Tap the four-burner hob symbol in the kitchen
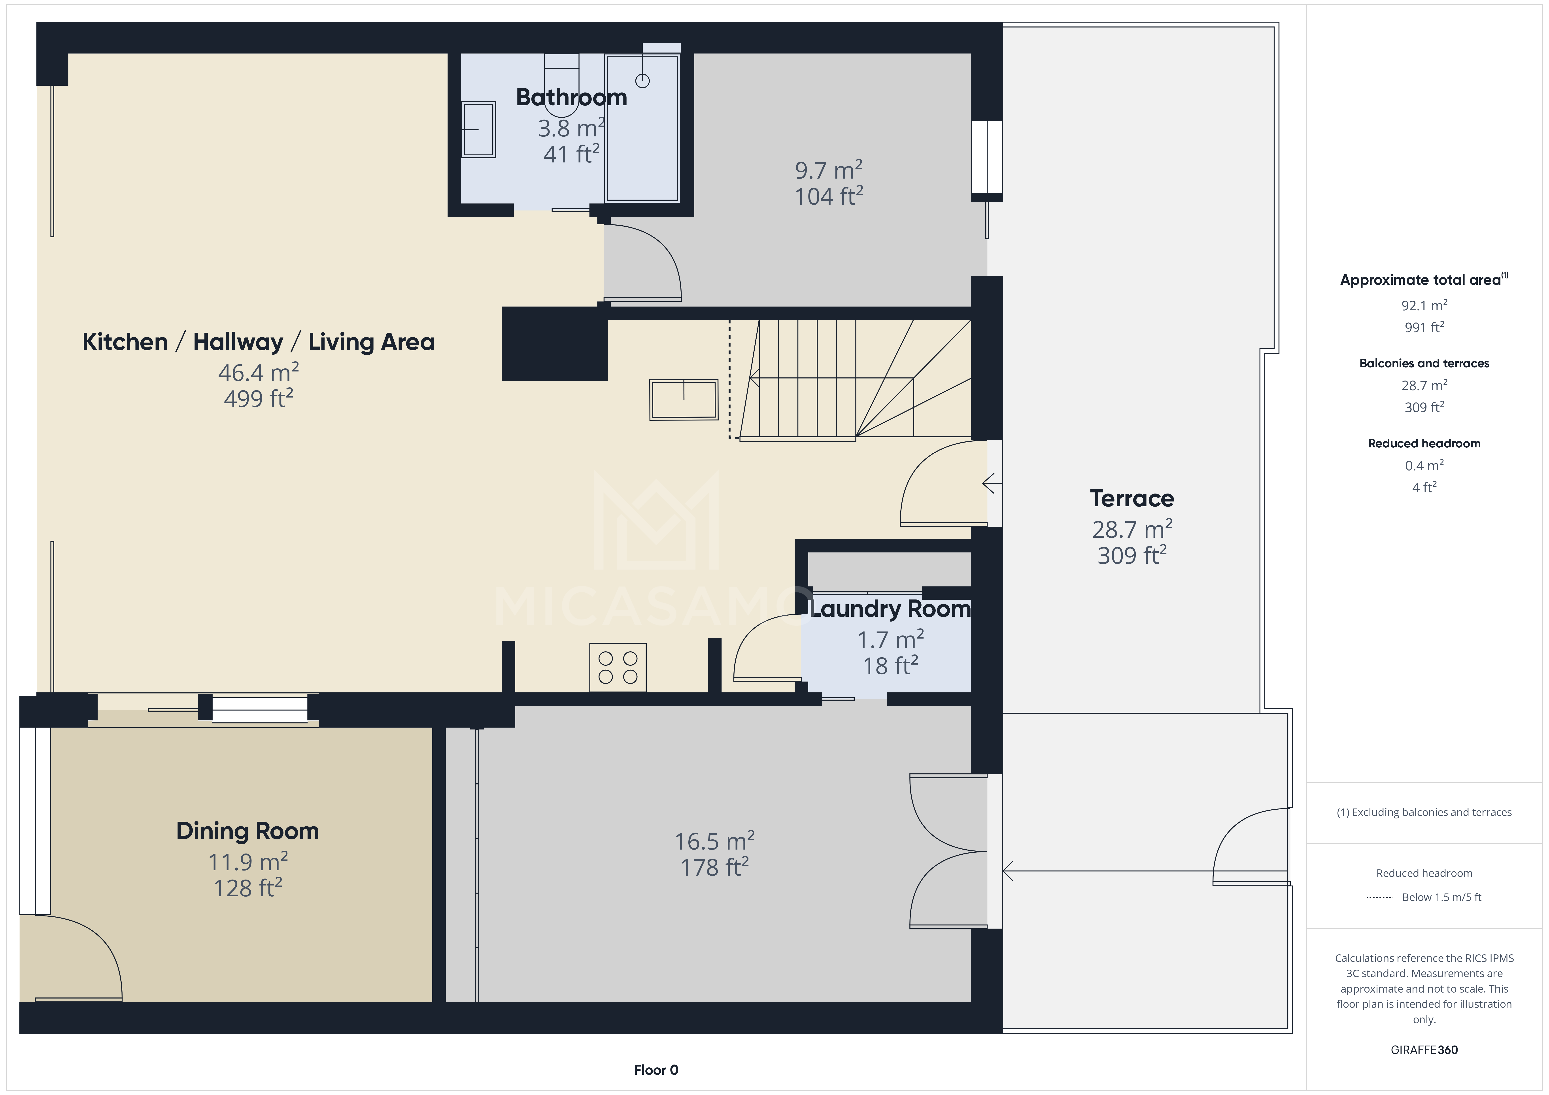617,667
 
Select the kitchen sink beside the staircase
683,400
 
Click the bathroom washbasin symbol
478,130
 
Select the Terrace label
1131,499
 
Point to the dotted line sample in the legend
1380,897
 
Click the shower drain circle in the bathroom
642,81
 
